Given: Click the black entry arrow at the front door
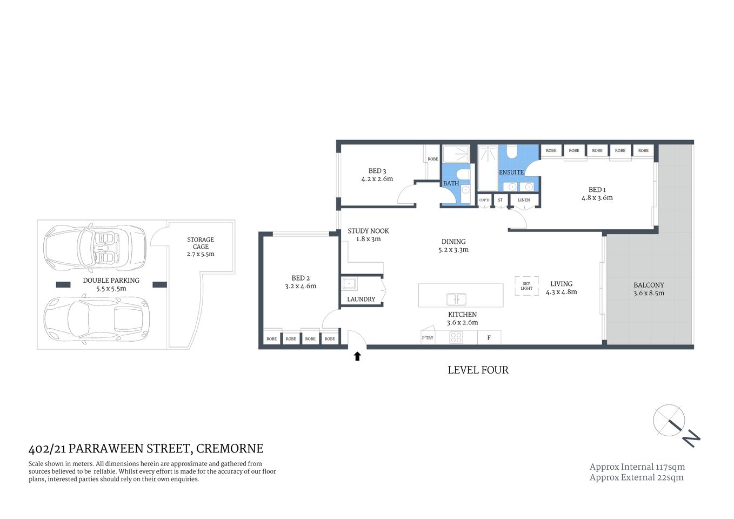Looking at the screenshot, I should click(357, 356).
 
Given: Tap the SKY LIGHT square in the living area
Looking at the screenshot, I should click(526, 286).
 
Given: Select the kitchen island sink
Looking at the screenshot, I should click(456, 299).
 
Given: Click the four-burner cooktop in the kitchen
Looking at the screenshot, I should click(456, 338).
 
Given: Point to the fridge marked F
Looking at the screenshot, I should click(489, 338).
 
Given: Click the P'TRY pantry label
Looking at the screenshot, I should click(428, 338).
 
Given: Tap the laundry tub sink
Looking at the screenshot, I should click(350, 283).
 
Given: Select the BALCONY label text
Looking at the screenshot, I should click(649, 285).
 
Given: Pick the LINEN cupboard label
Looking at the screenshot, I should click(524, 200).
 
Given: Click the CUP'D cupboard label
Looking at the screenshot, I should click(484, 200).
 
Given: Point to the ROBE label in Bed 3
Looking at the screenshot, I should click(433, 159).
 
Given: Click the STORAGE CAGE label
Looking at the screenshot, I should click(201, 243).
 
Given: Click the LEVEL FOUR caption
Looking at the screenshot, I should click(478, 370).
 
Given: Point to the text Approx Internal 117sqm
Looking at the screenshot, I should click(637, 467).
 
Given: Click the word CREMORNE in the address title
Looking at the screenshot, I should click(230, 449).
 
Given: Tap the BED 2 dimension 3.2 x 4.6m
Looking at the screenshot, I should click(301, 287).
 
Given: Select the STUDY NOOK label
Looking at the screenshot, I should click(368, 231).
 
